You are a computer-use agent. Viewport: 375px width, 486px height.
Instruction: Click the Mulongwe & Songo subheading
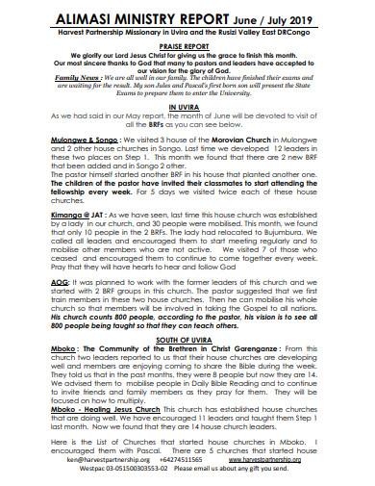point(85,140)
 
